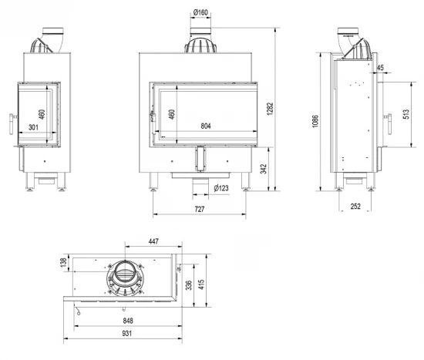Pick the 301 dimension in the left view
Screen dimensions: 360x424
(33, 126)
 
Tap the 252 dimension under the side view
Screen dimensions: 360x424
(355, 206)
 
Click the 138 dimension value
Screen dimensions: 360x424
(63, 264)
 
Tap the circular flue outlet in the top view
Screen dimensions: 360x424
(124, 275)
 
